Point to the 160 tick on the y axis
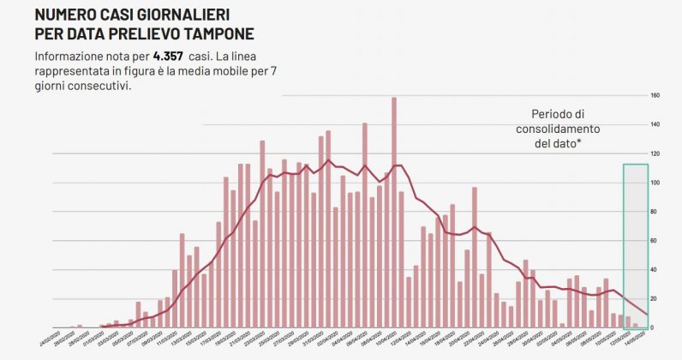pos(655,95)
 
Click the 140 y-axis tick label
pos(655,124)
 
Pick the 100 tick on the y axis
pos(655,183)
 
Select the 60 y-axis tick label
pos(655,241)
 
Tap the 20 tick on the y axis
pos(655,299)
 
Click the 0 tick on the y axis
pos(655,328)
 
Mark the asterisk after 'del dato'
pos(580,141)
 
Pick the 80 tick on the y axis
pos(655,212)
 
